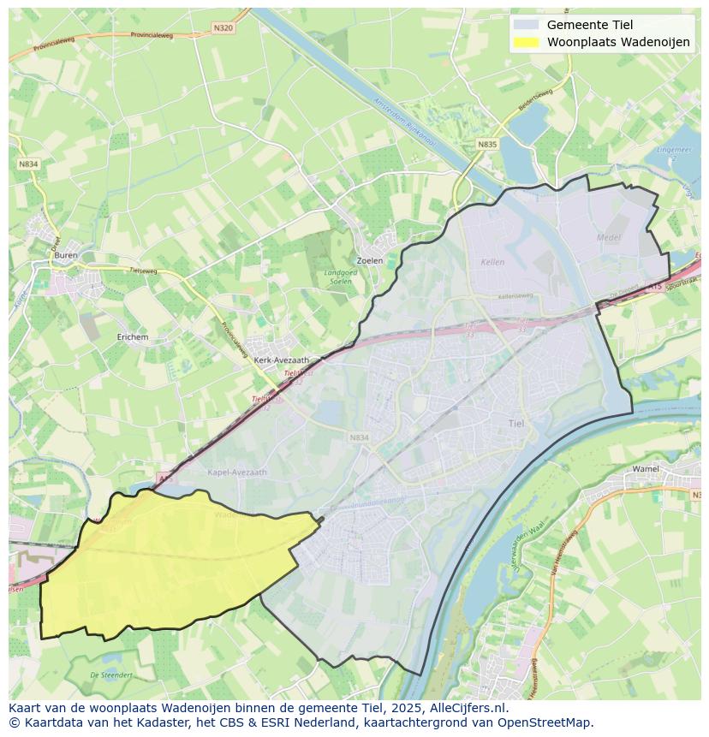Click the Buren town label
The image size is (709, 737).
click(x=65, y=255)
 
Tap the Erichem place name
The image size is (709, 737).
click(x=133, y=337)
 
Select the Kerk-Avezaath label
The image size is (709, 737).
click(x=282, y=361)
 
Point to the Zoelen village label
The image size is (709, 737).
click(x=369, y=260)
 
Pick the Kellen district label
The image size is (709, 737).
click(x=493, y=262)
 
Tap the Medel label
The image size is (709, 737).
click(x=609, y=237)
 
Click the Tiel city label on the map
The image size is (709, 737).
click(x=516, y=424)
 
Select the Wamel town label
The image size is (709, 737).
click(x=645, y=469)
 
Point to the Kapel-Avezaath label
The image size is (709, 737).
click(x=237, y=473)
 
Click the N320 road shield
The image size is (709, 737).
click(x=223, y=28)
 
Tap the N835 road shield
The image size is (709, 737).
click(x=487, y=145)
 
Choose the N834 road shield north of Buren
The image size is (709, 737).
click(x=28, y=163)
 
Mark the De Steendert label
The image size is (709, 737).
click(x=111, y=675)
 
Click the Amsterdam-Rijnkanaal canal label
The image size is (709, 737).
click(x=405, y=126)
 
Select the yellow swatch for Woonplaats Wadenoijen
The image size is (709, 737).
click(x=527, y=43)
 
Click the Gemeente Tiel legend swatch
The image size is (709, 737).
click(x=527, y=25)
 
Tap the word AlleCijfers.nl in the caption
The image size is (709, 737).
click(x=468, y=708)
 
